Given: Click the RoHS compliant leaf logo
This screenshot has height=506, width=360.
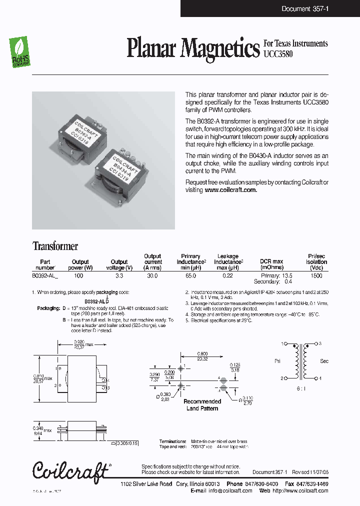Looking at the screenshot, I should (20, 52).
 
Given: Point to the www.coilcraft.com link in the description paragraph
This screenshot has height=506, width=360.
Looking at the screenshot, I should (230, 190).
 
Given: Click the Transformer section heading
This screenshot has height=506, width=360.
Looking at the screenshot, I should (55, 246).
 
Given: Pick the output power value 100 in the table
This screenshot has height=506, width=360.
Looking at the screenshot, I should (79, 275).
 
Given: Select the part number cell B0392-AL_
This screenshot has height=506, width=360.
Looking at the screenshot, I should (45, 275).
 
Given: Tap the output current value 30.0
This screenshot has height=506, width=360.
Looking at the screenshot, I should (152, 275).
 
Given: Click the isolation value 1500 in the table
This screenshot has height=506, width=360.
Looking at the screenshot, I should (316, 275).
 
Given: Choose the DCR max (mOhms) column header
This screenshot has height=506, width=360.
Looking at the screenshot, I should (271, 264).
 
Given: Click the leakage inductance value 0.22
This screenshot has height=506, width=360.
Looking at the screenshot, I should (227, 275).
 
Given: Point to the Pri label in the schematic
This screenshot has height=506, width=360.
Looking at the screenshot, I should (278, 360).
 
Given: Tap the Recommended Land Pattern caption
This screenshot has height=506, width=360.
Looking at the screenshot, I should (202, 405).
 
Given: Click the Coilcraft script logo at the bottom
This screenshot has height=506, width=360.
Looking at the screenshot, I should (70, 471).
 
